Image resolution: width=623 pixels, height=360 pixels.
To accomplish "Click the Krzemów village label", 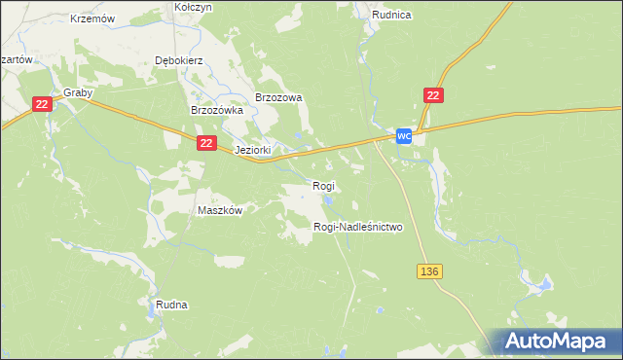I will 93,18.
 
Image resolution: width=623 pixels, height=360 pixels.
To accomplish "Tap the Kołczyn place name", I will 193,7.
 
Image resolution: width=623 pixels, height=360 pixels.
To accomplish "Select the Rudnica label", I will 391,15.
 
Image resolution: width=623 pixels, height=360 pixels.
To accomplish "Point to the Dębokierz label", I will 177,59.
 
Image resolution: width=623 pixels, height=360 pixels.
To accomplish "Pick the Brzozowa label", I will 279,97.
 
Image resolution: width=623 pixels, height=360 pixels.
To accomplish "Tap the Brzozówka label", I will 215,111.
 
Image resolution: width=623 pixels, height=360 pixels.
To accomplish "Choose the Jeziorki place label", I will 252,151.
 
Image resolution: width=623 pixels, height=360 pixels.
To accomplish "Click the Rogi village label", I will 323,185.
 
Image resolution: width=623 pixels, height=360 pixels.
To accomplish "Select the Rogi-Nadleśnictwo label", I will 357,227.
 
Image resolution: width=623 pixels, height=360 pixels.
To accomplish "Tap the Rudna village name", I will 171,305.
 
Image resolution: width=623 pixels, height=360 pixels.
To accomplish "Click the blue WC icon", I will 405,137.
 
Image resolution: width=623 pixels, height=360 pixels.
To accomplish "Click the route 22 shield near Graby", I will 41,104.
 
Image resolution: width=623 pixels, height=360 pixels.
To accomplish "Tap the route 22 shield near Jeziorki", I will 205,142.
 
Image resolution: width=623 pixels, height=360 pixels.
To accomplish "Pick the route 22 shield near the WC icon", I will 434,94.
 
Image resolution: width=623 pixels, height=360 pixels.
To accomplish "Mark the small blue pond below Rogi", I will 328,201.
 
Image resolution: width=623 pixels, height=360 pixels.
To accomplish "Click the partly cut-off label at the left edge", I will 17,59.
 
